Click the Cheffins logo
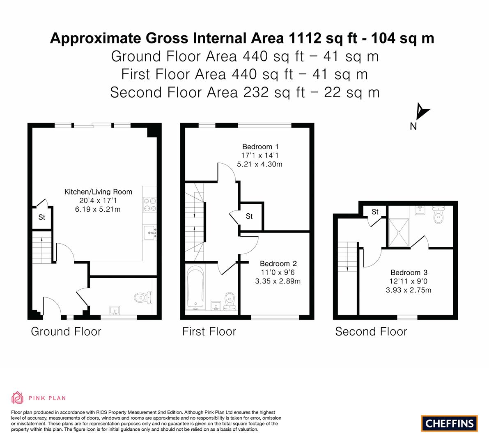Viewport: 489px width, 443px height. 450,423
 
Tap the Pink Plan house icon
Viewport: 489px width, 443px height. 17,397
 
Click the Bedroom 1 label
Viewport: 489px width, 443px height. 260,147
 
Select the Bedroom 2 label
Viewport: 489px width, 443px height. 278,264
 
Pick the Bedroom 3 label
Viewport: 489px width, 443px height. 409,273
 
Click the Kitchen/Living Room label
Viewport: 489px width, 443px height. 98,192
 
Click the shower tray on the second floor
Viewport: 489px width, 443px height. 399,233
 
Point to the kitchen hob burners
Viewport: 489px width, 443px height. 149,205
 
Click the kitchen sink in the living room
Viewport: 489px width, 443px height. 150,233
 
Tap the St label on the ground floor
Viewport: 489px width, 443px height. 42,217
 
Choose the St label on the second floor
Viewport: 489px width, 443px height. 375,212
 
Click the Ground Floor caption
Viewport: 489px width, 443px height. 66,331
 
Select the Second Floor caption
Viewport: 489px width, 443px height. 371,331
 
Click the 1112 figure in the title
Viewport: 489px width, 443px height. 305,38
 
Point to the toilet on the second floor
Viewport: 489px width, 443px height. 438,215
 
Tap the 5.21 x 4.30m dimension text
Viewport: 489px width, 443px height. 260,164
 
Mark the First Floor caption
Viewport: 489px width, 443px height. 209,331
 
